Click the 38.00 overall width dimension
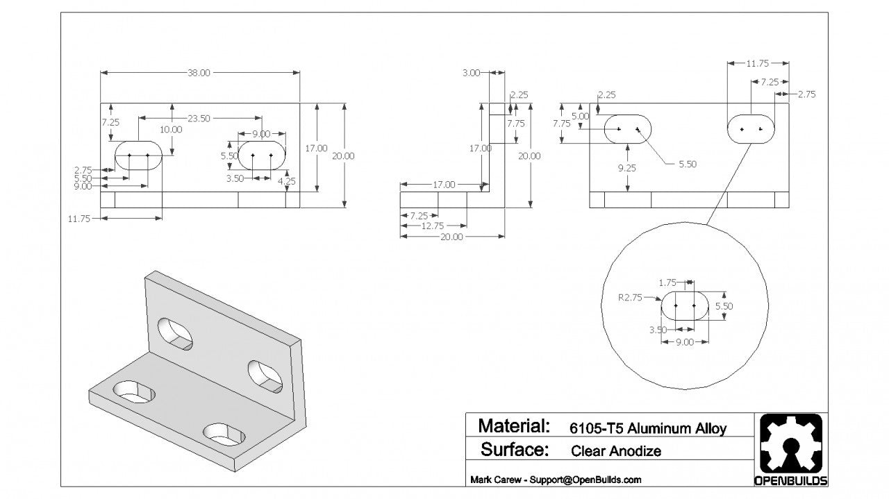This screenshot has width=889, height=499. [x=199, y=73]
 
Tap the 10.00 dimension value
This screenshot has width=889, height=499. [x=172, y=129]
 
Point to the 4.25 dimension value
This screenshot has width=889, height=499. [x=287, y=181]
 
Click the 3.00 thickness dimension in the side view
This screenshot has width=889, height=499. [x=472, y=73]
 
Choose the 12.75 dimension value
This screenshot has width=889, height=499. [x=434, y=226]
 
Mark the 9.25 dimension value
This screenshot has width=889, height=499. [x=628, y=167]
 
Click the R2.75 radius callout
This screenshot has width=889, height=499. [x=630, y=297]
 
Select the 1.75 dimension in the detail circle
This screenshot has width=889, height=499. [x=667, y=282]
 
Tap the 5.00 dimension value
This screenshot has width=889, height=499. [x=580, y=116]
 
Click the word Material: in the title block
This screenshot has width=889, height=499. [x=515, y=425]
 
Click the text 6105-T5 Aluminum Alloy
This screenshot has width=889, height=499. [x=648, y=428]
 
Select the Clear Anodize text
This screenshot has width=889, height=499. [x=616, y=451]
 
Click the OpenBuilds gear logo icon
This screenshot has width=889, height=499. [x=790, y=444]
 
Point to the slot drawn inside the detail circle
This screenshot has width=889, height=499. [x=685, y=305]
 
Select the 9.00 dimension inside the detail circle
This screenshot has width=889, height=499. [x=685, y=342]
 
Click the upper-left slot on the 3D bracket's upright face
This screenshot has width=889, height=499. [x=175, y=333]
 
